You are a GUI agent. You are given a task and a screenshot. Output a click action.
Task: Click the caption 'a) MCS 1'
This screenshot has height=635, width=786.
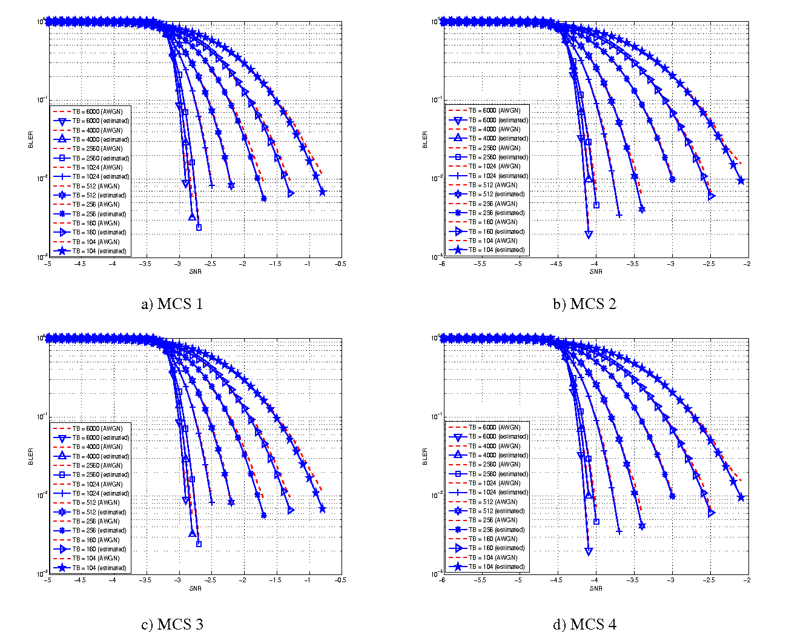click(172, 304)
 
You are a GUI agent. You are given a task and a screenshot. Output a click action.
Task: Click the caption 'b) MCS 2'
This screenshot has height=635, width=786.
click(584, 304)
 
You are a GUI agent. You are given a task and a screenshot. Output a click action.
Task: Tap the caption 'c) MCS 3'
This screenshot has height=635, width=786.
click(172, 623)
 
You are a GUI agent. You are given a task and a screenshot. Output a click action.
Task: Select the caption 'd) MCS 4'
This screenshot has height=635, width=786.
click(584, 623)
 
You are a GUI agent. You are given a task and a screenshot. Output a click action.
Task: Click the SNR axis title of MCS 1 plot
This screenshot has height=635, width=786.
click(195, 271)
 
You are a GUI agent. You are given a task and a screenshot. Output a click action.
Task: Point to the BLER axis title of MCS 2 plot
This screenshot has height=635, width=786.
click(425, 139)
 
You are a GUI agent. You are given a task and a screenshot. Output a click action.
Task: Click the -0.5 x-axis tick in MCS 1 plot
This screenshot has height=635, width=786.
click(340, 264)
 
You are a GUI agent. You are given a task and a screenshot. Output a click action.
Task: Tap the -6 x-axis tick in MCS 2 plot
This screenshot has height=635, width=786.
click(442, 264)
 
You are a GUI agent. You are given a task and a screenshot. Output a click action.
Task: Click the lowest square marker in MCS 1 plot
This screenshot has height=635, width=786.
click(199, 227)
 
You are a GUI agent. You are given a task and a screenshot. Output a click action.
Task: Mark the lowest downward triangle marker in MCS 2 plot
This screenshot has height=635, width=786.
click(589, 234)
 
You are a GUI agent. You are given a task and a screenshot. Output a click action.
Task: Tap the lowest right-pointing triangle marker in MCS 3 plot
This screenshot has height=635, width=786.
click(291, 510)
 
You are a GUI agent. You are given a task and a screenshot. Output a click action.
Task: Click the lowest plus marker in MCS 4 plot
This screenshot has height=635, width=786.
click(619, 531)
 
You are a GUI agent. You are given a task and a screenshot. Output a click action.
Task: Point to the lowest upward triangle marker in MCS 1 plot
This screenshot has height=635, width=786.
click(192, 216)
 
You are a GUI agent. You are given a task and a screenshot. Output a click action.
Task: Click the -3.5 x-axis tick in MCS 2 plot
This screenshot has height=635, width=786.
click(633, 264)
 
